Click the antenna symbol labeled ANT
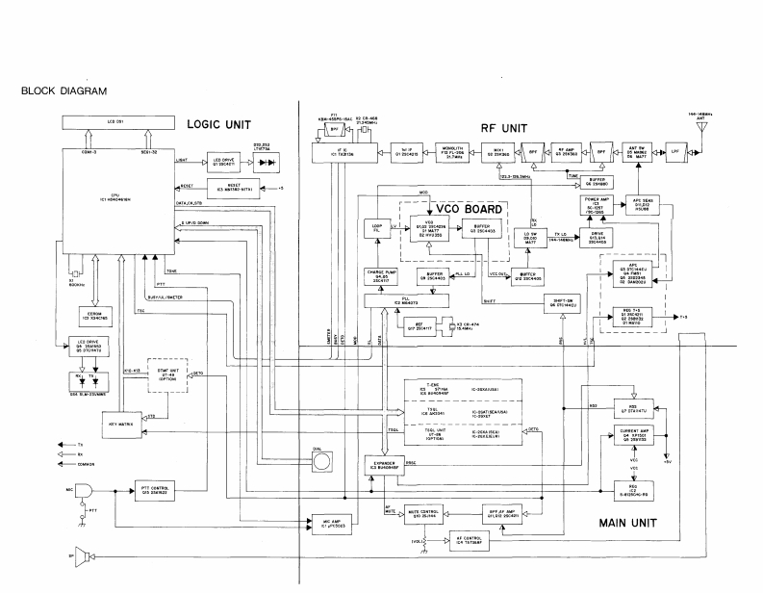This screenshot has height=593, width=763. click(718, 127)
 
